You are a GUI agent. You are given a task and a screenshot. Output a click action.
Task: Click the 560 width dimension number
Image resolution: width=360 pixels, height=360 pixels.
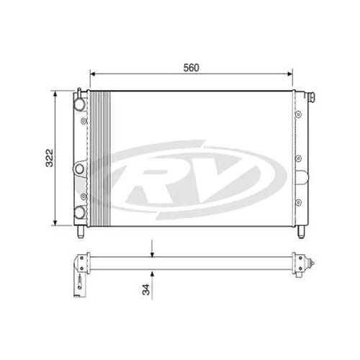point(190,67)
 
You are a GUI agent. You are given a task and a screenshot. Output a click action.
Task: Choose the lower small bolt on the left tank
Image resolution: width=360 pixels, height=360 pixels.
point(84,195)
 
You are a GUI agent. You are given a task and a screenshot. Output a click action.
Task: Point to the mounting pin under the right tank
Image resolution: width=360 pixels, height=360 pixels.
point(299,230)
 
